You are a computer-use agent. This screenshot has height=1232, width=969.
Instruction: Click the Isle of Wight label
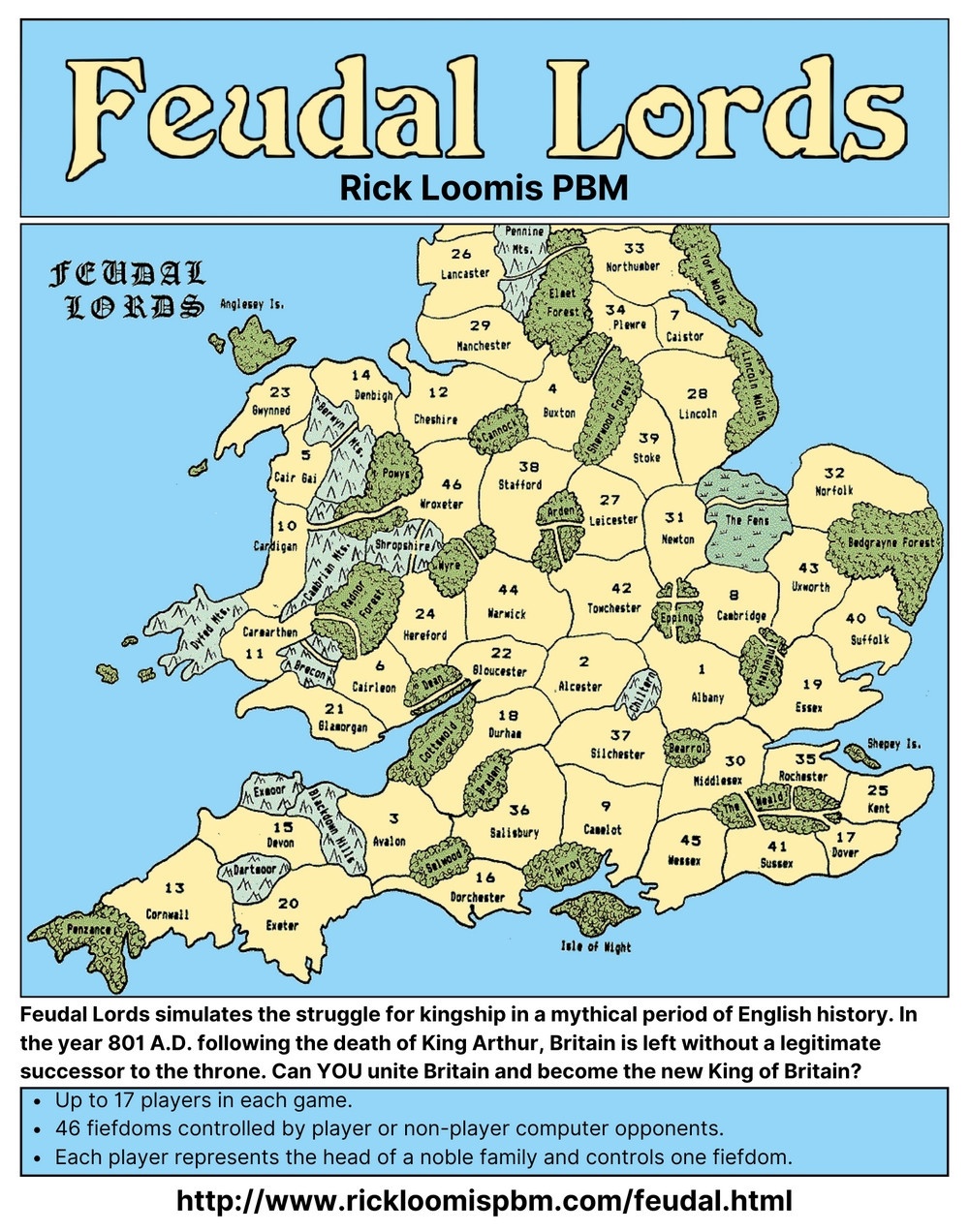596,946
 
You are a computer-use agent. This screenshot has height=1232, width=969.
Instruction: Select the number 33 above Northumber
634,249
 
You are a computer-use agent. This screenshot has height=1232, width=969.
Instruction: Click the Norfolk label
833,491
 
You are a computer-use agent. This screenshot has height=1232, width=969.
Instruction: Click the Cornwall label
167,913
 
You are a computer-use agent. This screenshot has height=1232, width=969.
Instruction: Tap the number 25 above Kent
877,790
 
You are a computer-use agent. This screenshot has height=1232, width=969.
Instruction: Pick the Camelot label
603,830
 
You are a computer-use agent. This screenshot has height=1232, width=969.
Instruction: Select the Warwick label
507,614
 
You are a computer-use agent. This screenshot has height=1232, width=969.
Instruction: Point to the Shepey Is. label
893,744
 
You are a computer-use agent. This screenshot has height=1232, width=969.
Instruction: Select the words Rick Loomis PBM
484,187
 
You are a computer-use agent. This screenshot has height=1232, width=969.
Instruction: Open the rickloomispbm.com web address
484,1201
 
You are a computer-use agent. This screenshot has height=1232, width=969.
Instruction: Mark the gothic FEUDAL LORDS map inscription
127,289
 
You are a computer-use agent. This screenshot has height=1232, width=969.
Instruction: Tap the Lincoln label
698,414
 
